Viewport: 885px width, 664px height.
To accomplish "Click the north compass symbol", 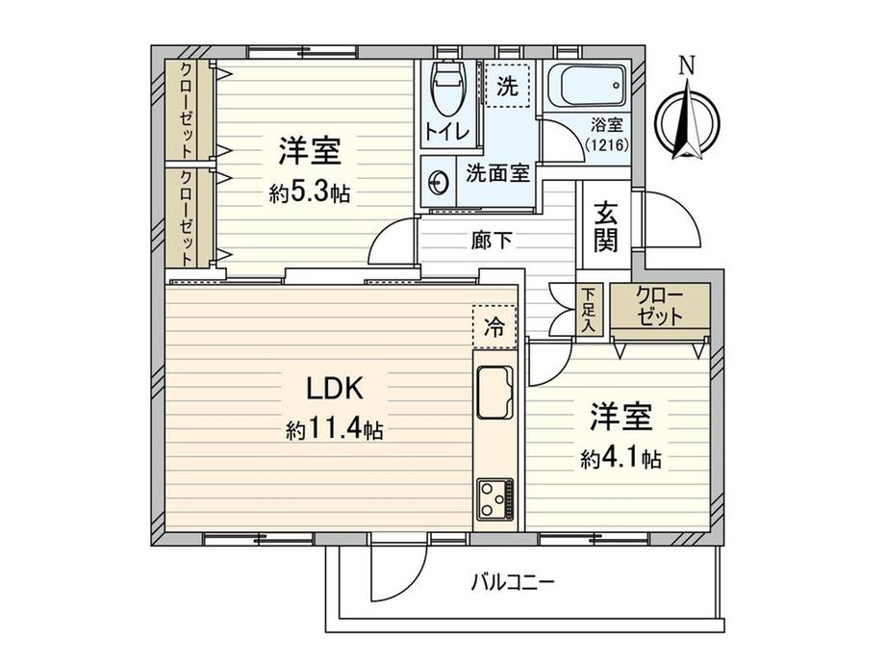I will point(686,120).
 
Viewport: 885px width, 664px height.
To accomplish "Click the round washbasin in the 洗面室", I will point(438,180).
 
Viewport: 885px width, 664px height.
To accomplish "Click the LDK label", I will point(333,390).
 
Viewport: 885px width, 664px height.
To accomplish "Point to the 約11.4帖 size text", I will point(334,429).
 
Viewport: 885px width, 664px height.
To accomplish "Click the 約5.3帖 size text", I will point(309,192).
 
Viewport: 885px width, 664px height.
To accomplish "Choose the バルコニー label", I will point(513,582).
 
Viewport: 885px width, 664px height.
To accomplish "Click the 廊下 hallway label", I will point(492,241).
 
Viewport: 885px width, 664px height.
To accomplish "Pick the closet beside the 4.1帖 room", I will point(660,307).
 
